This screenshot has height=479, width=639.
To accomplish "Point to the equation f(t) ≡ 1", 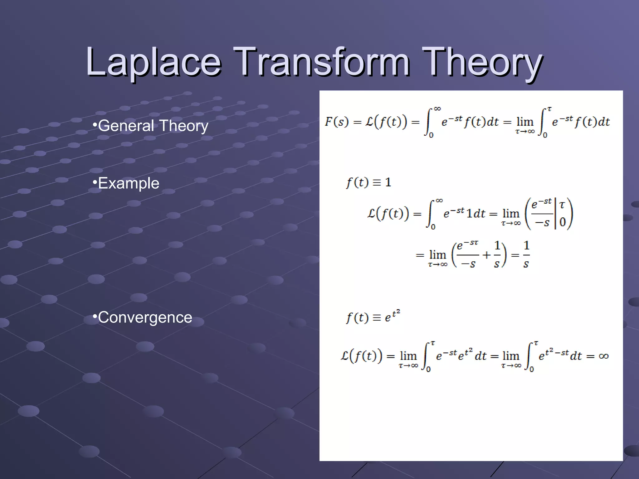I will (368, 182).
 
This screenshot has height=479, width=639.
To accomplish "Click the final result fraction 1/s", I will (526, 255).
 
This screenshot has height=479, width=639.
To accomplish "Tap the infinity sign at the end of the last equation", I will (603, 356).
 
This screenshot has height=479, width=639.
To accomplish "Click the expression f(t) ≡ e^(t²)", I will (373, 317).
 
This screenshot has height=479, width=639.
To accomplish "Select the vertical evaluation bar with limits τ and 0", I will (555, 214).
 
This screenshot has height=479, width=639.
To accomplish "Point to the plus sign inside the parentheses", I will (486, 255).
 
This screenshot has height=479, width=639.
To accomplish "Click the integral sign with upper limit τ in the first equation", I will (544, 122).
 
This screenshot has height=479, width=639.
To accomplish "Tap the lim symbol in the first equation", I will (525, 122).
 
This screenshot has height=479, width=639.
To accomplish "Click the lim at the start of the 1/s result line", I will (437, 255).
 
